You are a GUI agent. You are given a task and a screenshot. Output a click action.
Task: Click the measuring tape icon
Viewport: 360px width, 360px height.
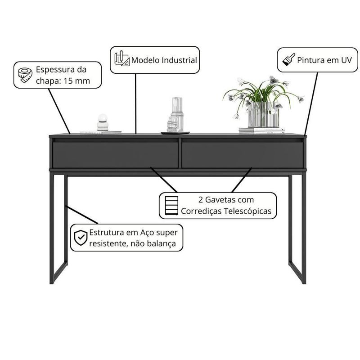point(25,75)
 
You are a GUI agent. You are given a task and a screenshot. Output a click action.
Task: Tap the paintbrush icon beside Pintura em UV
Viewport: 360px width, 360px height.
point(289,60)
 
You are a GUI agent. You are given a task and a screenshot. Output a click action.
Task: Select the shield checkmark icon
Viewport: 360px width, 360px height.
point(81,238)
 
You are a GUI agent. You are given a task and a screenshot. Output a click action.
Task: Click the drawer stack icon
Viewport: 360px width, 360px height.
point(171,206)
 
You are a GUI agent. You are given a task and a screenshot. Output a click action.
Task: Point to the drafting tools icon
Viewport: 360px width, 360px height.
point(121,58)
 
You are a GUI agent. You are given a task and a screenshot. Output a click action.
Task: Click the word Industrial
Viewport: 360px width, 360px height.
point(179,60)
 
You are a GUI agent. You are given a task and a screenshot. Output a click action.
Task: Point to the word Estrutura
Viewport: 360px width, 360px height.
point(107,232)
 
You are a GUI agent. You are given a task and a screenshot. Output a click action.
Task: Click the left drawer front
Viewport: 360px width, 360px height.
point(115,155)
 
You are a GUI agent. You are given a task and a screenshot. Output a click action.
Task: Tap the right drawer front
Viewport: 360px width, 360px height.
point(243,155)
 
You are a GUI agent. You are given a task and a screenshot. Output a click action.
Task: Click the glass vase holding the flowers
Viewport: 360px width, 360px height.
point(264,115)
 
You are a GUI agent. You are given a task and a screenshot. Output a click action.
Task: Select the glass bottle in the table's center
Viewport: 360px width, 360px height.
point(176,115)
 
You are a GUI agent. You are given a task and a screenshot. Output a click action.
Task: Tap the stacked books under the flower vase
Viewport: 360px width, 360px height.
point(262,130)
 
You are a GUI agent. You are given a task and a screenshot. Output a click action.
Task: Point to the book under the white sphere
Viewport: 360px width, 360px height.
point(100,132)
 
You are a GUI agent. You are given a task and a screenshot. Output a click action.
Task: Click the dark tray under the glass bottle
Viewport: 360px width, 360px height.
point(175,133)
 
